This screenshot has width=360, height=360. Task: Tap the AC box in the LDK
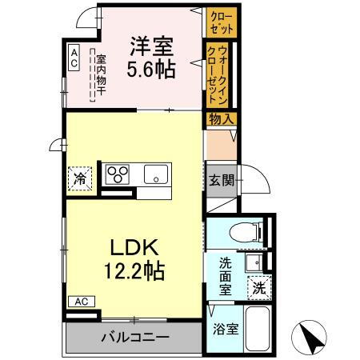[x=80, y=302]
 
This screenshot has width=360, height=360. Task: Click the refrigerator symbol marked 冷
[x=80, y=177]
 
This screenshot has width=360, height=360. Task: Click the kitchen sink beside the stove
[x=155, y=174]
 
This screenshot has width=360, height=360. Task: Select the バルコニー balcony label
[x=134, y=336]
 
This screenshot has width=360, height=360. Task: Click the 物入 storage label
[x=222, y=119]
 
